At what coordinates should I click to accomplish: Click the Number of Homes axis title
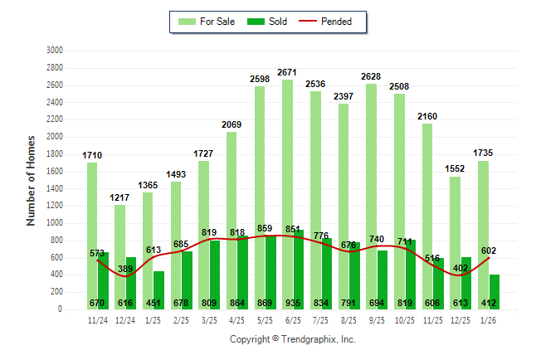(x=31, y=180)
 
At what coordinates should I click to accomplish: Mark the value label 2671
(x=287, y=73)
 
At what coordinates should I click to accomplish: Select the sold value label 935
(x=299, y=303)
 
